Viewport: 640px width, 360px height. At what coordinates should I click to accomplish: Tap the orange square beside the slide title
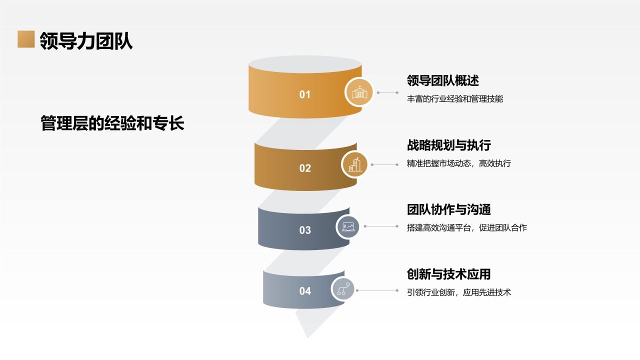pos(26,39)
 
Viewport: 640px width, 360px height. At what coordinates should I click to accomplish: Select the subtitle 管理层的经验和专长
pos(112,123)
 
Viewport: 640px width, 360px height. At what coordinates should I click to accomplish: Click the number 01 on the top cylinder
pos(305,94)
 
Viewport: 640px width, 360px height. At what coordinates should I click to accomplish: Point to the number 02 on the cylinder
pos(305,168)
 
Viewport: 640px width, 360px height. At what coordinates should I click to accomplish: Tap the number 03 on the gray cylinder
pos(305,230)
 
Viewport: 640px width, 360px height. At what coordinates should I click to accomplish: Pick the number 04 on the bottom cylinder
pos(305,291)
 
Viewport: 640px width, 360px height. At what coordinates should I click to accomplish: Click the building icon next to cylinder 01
pos(359,92)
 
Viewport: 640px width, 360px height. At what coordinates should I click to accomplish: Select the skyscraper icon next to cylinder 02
pos(355,164)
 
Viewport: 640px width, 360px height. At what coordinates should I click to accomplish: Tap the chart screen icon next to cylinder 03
pos(348,226)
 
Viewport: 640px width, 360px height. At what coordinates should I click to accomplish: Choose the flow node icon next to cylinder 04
pos(343,289)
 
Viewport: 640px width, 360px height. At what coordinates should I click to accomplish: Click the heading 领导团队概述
pos(443,80)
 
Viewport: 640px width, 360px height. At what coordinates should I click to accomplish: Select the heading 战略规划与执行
pos(449,145)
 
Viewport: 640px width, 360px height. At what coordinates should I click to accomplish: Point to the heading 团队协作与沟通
pos(449,209)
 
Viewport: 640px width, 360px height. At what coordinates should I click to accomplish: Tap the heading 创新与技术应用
pos(449,274)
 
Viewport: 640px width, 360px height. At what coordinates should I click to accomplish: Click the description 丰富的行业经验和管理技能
pos(455,99)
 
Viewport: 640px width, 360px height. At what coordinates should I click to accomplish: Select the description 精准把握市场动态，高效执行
pos(459,163)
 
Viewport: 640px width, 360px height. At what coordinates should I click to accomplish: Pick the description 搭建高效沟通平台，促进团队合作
pos(467,228)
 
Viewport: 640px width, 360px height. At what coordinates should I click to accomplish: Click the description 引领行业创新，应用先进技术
pos(459,292)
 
